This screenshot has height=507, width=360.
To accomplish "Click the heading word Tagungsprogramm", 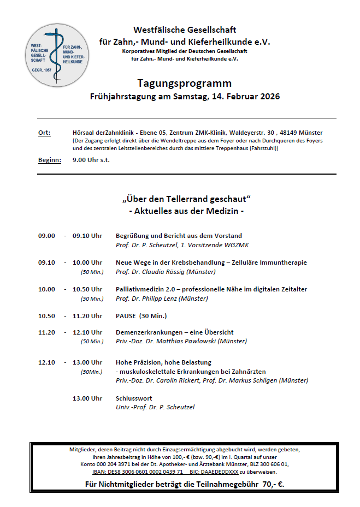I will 185,83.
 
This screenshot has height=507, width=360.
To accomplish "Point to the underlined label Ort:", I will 44,133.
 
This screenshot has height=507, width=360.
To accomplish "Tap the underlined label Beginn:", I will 49,160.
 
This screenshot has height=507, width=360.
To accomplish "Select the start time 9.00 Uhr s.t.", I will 91,160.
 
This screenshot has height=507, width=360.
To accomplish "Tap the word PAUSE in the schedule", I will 126,316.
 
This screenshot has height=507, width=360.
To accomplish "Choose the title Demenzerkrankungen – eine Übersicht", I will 174,332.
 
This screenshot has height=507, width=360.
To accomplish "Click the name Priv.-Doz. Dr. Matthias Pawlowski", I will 181,341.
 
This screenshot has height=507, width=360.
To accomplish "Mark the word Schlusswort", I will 134,398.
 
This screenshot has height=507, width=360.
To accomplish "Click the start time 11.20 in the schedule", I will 46,332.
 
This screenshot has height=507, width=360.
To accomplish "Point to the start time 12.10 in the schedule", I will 46,362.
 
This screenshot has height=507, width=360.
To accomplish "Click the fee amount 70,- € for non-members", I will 272,484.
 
